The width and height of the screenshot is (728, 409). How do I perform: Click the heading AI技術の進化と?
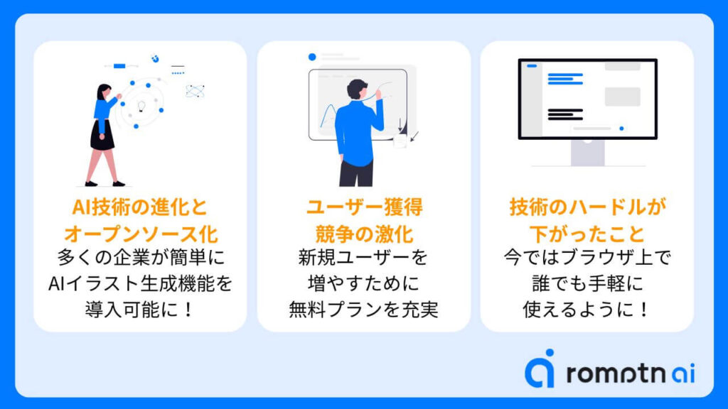(140, 207)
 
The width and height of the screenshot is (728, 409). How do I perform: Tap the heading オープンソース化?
(141, 234)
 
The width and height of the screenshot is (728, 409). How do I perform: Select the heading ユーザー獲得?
(364, 207)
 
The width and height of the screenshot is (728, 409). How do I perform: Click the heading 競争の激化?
(364, 234)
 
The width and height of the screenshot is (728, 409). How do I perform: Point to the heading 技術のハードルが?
(587, 207)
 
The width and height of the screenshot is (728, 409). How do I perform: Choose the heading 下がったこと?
(587, 234)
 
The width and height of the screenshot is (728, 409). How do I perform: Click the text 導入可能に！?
(140, 310)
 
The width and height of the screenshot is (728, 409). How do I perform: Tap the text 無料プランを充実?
(364, 310)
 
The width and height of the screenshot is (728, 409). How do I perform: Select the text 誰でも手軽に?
(587, 283)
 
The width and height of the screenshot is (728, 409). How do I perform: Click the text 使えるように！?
(587, 310)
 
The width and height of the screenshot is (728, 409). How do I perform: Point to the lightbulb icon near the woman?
(141, 107)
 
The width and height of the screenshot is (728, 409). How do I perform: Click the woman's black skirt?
(102, 135)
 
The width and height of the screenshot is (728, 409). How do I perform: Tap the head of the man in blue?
(357, 89)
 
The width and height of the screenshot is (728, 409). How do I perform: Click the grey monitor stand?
(587, 153)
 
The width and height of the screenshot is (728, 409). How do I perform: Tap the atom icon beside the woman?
(195, 90)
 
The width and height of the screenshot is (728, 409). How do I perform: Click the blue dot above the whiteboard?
(312, 57)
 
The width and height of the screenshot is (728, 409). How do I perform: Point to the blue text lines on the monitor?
(565, 79)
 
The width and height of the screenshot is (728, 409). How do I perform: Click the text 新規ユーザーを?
(363, 257)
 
